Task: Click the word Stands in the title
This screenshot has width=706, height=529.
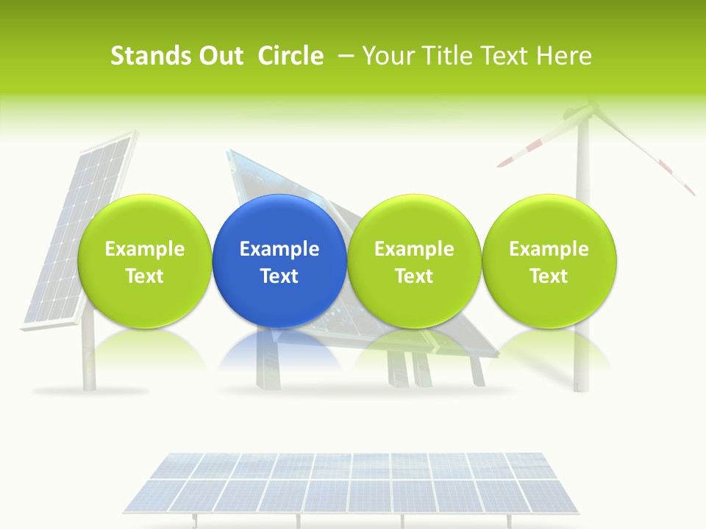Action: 151,56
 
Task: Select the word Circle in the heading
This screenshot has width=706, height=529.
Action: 290,56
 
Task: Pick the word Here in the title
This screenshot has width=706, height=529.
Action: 563,56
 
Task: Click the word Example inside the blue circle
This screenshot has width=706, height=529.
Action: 279,249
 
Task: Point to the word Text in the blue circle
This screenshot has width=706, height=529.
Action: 279,276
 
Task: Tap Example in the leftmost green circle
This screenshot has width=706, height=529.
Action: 144,249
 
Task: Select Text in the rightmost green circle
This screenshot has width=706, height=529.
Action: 549,276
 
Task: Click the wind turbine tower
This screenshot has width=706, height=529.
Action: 582,353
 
